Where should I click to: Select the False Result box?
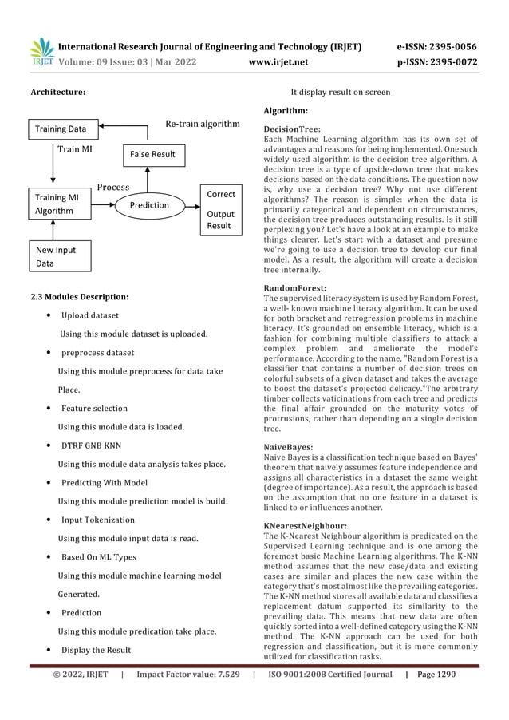point(152,153)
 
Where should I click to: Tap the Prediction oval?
point(149,205)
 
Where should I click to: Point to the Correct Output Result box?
point(220,210)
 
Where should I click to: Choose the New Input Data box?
point(53,256)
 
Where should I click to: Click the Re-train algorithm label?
point(202,124)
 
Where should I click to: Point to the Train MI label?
point(76,148)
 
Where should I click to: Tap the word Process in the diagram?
point(113,188)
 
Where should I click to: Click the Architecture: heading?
point(58,93)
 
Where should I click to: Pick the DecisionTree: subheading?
point(292,129)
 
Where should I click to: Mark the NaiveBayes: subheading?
point(290,449)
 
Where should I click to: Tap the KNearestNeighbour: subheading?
point(304,526)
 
